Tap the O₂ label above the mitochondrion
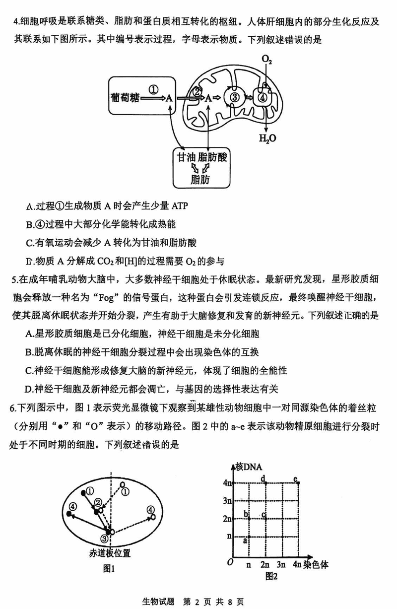click(x=267, y=61)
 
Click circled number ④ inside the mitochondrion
click(x=263, y=98)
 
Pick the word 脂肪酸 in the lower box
click(x=212, y=157)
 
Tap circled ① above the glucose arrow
click(x=153, y=89)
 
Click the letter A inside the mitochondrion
click(x=209, y=98)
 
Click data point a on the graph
click(x=248, y=537)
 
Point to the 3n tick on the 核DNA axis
click(x=227, y=500)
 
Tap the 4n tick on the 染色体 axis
click(x=297, y=564)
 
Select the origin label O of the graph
click(x=230, y=562)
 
